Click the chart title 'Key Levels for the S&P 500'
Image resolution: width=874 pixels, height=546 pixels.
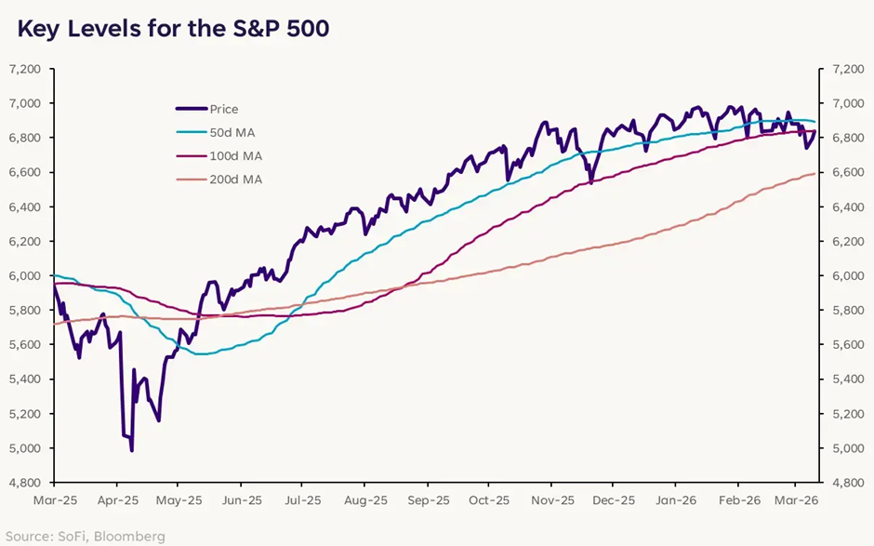click(172, 29)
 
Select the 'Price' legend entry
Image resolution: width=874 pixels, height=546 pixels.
click(224, 109)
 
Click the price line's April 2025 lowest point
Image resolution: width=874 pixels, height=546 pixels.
click(131, 451)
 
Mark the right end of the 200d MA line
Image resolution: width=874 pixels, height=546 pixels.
click(815, 174)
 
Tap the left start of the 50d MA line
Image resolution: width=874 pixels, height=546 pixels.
click(54, 275)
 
